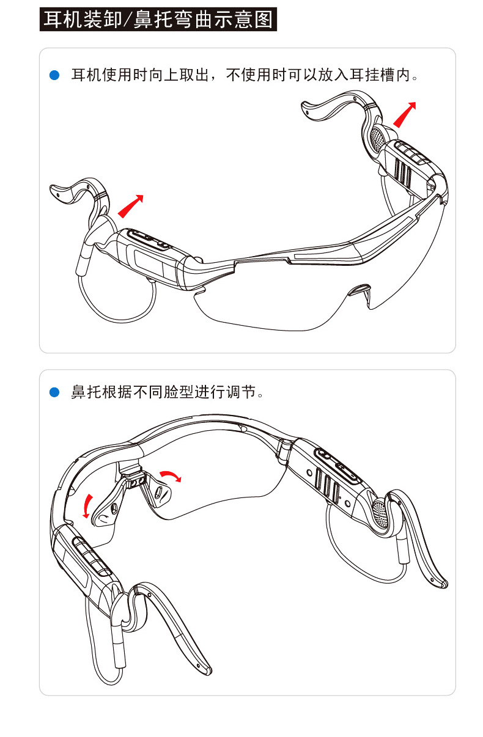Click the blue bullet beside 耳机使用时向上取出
click(54, 76)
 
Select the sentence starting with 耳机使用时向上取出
click(245, 76)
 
